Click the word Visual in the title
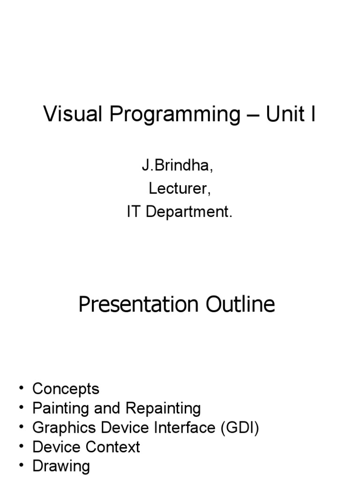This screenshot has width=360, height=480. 73,114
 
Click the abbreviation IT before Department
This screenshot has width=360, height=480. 135,211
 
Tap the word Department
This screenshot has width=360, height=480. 189,212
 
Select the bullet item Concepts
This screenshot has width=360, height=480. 66,389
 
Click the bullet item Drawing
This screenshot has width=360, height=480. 61,466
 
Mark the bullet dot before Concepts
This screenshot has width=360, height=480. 22,389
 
